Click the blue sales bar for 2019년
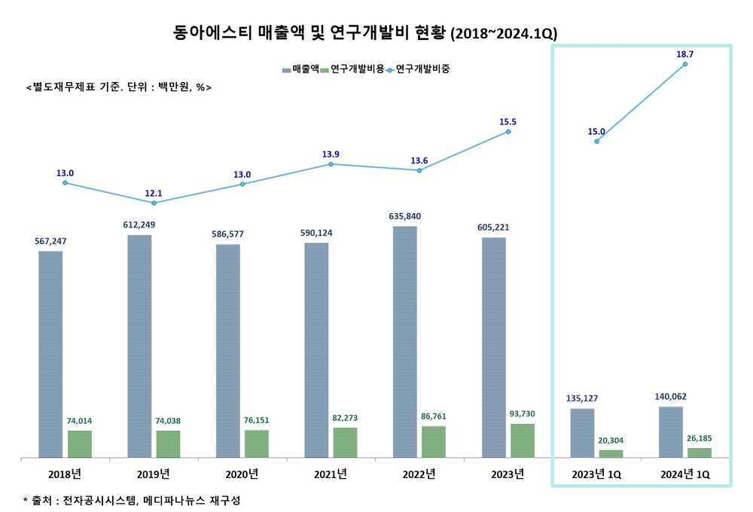click(139, 346)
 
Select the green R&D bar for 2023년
click(523, 440)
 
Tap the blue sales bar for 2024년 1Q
click(671, 431)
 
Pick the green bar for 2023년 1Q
click(611, 453)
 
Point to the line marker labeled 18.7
click(685, 64)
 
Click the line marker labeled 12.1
click(154, 203)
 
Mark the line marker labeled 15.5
click(508, 132)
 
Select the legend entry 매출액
click(300, 69)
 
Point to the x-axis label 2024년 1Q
click(684, 474)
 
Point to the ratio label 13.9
click(331, 154)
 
